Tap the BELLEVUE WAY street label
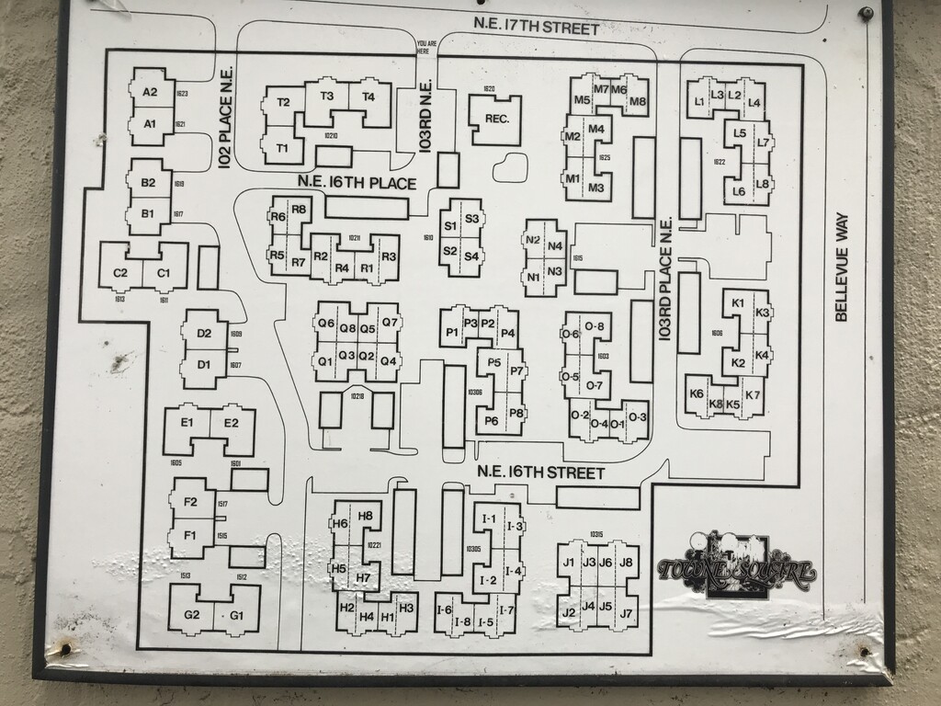click(x=841, y=268)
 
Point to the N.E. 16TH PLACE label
click(x=357, y=183)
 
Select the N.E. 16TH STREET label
click(x=540, y=473)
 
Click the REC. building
click(x=496, y=120)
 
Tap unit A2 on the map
click(x=151, y=92)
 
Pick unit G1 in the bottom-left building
click(x=237, y=614)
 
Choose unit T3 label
click(x=326, y=96)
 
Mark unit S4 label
click(x=471, y=256)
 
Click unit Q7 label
click(x=391, y=323)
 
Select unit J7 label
click(x=627, y=612)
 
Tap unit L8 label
click(x=762, y=184)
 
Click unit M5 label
click(x=582, y=100)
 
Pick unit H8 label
click(x=365, y=516)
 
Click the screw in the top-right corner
click(x=866, y=13)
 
